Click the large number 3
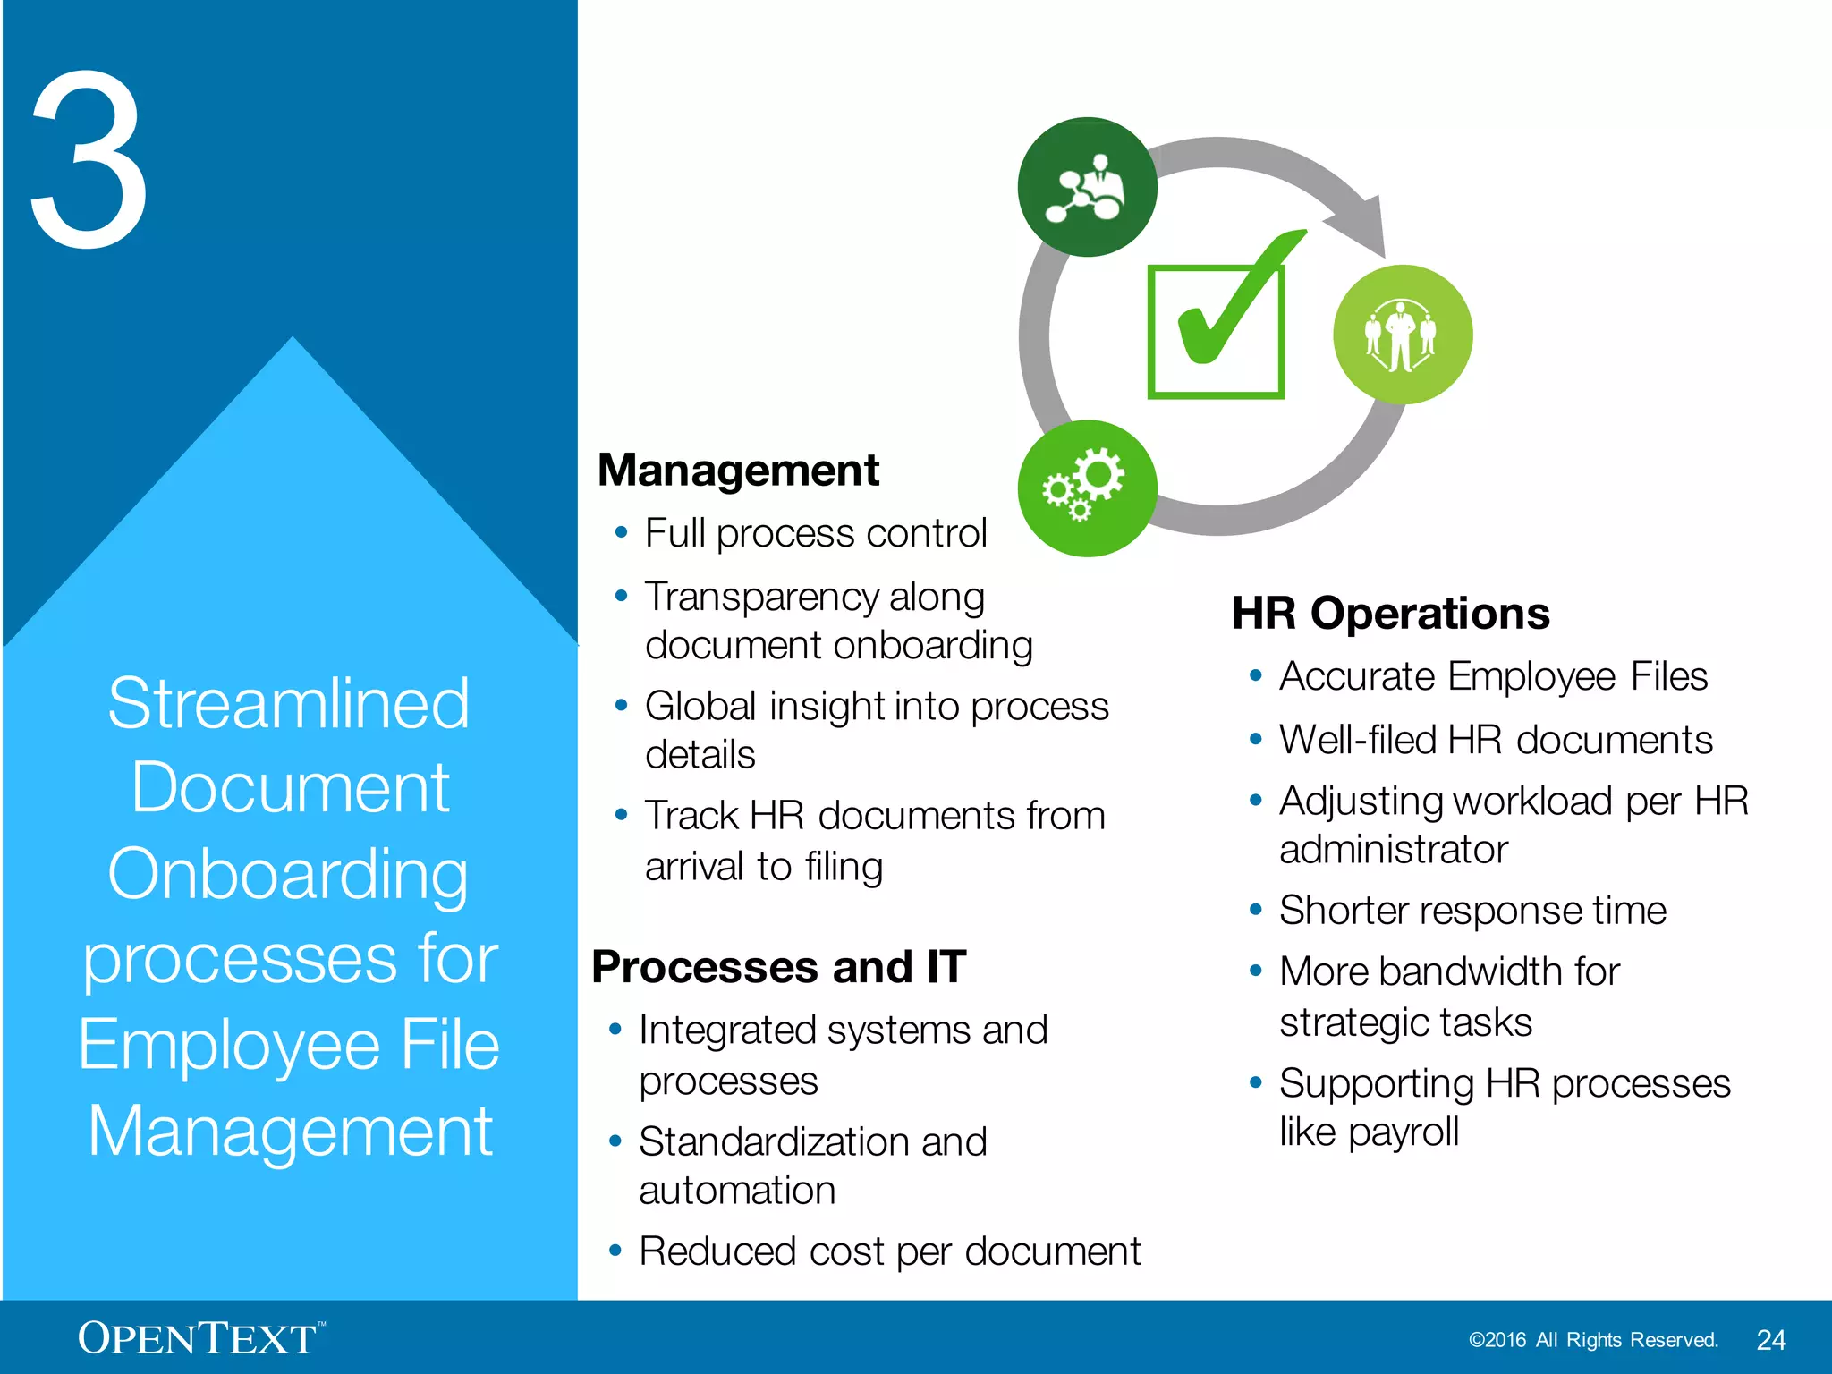point(89,161)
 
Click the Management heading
point(738,471)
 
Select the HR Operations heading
point(1390,614)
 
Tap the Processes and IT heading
point(778,967)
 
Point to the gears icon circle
point(1087,488)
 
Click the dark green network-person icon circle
point(1087,187)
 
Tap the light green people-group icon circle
point(1402,335)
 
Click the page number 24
point(1770,1340)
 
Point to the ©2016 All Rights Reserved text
point(1593,1340)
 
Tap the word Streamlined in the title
point(288,704)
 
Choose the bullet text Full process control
point(815,534)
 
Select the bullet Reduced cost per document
point(889,1251)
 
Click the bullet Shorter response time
point(1472,911)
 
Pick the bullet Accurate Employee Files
point(1493,677)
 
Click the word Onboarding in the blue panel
point(288,874)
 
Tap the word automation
point(737,1191)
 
